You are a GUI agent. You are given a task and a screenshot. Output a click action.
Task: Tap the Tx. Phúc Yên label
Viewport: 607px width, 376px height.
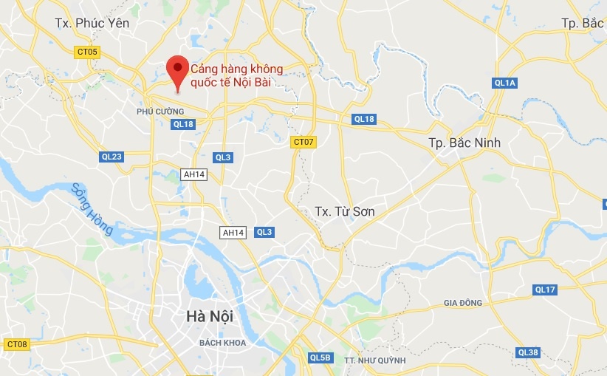point(92,23)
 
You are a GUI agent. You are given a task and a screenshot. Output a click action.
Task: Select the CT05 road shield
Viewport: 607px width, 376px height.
point(87,52)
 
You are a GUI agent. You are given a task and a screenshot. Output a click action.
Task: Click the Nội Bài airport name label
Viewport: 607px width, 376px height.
point(236,75)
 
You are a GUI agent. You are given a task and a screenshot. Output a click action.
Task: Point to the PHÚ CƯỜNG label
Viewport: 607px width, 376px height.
point(160,111)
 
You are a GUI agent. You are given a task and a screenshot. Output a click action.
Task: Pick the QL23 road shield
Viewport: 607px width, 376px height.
point(112,157)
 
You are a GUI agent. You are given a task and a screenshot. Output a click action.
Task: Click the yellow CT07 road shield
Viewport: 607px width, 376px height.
point(303,142)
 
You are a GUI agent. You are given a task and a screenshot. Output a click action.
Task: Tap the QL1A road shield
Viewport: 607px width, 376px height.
point(505,83)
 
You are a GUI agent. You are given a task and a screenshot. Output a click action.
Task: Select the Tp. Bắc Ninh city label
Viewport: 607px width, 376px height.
point(464,142)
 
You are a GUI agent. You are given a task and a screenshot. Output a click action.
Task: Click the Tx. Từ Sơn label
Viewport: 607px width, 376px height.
point(345,212)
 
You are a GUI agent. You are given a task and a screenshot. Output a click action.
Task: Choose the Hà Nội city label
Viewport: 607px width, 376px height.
point(209,317)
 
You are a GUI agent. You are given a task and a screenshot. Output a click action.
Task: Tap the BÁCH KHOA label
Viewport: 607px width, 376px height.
point(222,343)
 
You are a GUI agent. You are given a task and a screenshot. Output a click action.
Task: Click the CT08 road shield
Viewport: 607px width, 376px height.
point(16,344)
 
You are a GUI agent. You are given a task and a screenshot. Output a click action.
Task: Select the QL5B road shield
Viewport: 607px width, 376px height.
point(320,358)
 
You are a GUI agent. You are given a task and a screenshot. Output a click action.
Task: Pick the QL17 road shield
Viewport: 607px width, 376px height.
point(545,290)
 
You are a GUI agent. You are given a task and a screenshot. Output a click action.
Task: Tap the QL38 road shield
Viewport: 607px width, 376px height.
point(528,352)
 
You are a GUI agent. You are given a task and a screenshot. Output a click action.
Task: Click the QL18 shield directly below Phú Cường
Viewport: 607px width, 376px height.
point(182,125)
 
